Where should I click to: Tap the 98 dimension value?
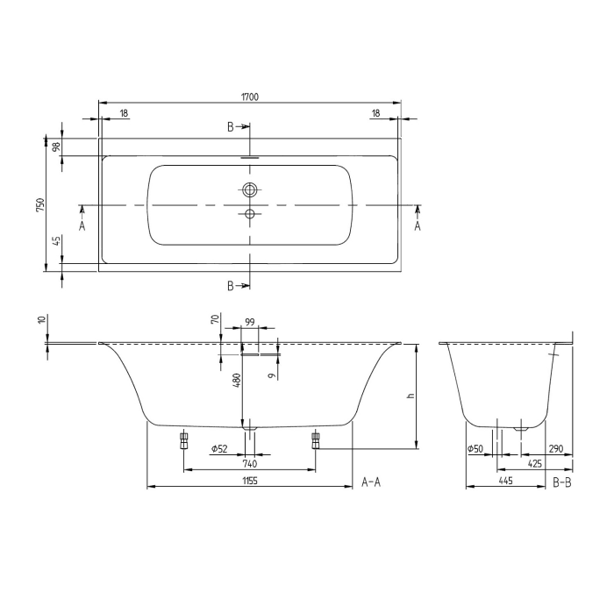[56, 146]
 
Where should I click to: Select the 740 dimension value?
[249, 464]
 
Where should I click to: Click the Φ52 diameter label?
[219, 449]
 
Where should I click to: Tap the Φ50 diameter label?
[475, 449]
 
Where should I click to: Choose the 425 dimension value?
[534, 464]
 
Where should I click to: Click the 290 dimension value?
[557, 449]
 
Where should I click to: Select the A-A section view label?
[371, 482]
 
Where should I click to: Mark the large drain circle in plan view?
[250, 189]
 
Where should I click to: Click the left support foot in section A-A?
[184, 438]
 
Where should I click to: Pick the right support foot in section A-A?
[315, 438]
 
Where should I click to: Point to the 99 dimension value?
[249, 324]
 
